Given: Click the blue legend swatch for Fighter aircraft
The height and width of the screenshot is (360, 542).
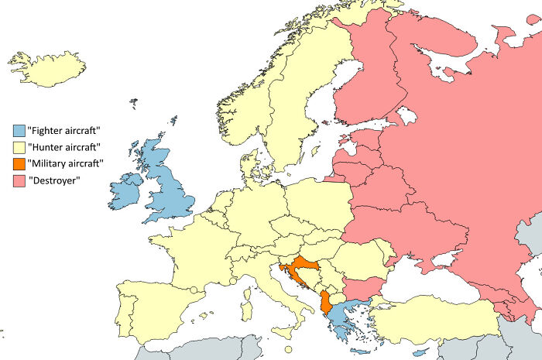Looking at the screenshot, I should [x=19, y=129].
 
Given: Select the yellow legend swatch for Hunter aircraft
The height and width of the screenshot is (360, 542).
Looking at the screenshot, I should [x=19, y=146].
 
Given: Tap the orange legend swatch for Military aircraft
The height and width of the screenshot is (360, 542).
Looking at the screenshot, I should [x=19, y=164].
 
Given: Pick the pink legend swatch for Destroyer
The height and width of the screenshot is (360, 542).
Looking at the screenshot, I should [x=19, y=182].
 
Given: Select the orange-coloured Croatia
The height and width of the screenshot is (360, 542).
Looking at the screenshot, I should [x=298, y=262].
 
